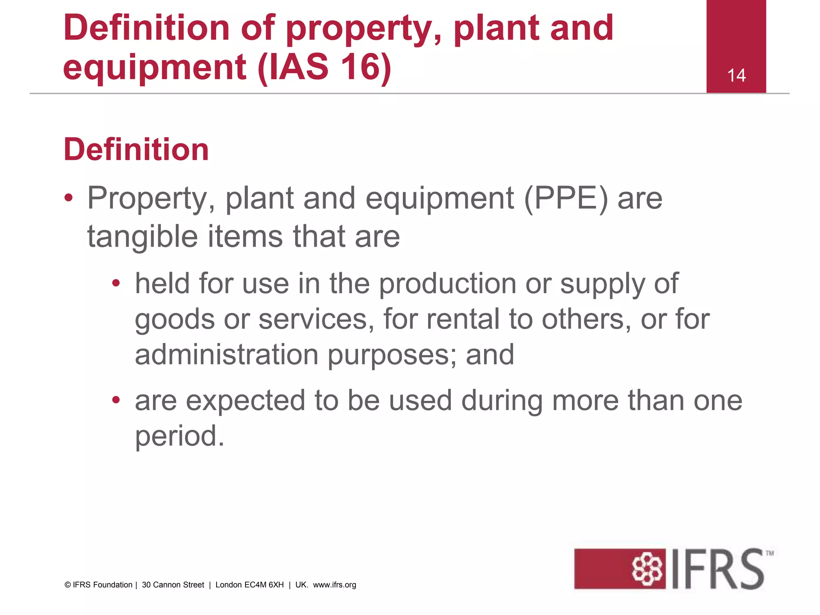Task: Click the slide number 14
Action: coord(736,76)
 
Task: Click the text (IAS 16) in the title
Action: coord(324,67)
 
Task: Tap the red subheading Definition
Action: coord(136,149)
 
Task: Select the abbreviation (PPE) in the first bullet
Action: coord(566,198)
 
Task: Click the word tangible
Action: coord(143,237)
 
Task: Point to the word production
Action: coord(447,284)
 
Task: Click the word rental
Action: coord(463,319)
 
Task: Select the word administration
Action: coord(227,355)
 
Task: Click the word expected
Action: coord(245,401)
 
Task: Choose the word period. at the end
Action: coord(179,436)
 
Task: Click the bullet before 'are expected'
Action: coord(116,400)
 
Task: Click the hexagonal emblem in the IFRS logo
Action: coord(647,569)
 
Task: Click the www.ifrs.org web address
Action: coord(334,585)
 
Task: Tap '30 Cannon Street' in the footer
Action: coord(173,585)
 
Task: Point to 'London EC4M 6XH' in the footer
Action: coord(249,585)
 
